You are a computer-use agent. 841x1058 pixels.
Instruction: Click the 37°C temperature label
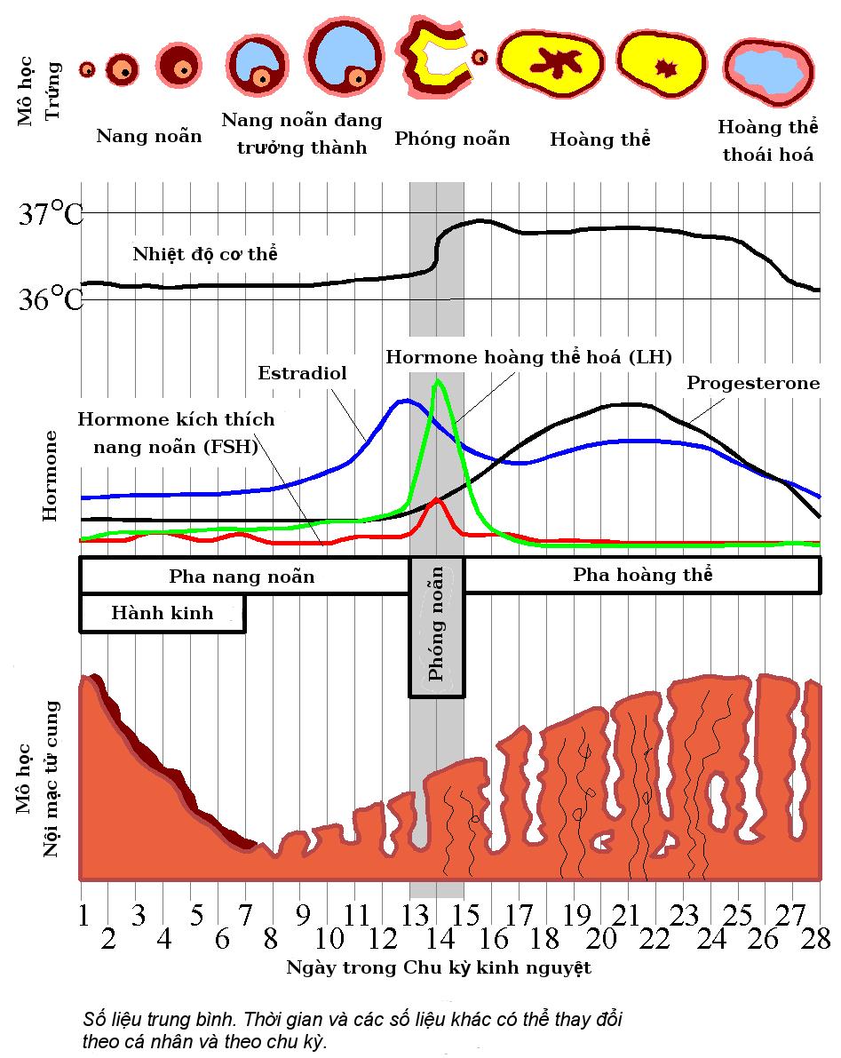(51, 214)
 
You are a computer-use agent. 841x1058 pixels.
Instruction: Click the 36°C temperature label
(51, 299)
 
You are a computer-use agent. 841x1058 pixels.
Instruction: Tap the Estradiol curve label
(302, 373)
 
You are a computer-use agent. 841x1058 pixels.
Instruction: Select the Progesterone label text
(753, 384)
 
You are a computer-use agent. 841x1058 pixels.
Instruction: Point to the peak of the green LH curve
(437, 381)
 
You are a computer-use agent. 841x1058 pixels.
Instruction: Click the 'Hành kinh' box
(163, 613)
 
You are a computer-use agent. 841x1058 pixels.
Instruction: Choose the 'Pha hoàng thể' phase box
(642, 575)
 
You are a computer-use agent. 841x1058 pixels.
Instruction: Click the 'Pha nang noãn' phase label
(242, 577)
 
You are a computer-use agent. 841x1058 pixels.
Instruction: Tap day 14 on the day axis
(436, 938)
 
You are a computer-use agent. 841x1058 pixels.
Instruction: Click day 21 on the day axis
(630, 914)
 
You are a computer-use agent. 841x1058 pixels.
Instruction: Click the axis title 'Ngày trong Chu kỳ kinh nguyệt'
(438, 967)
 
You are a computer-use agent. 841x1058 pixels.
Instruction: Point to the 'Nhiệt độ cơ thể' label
(205, 254)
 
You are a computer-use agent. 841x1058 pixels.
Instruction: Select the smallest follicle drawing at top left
(87, 68)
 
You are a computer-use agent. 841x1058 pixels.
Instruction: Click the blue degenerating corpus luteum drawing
(769, 69)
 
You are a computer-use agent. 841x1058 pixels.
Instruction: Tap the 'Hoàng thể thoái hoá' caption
(767, 140)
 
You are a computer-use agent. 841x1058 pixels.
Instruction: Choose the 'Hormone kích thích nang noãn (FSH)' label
(176, 433)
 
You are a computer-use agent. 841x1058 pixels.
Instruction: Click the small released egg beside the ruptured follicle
(480, 57)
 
